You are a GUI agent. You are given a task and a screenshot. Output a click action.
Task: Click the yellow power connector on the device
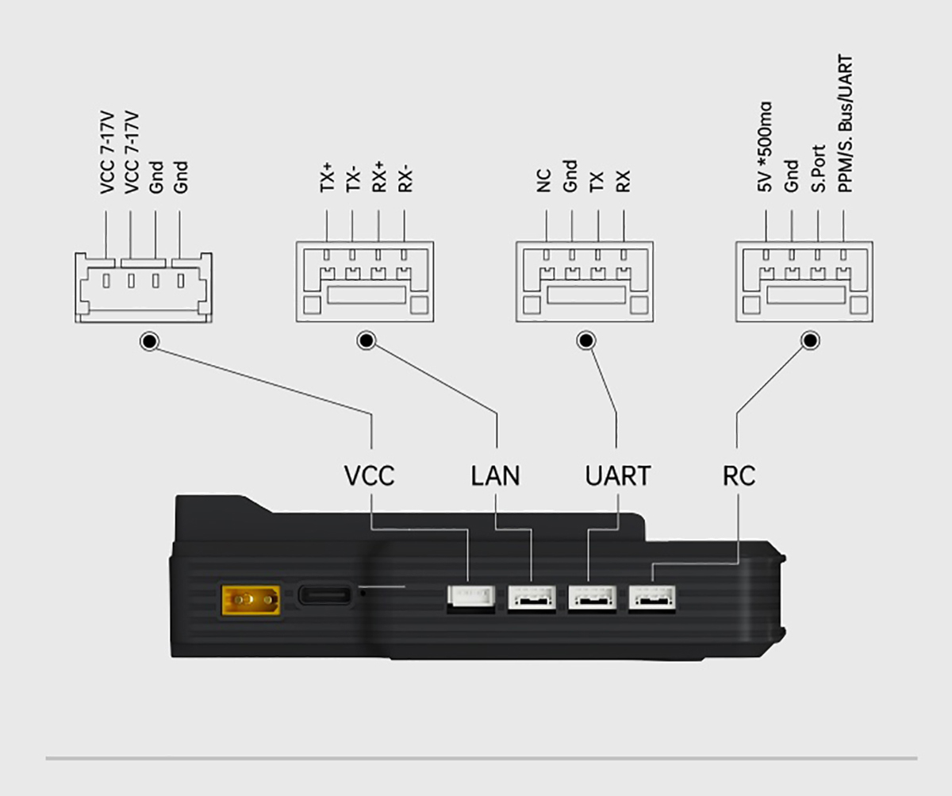pyautogui.click(x=251, y=600)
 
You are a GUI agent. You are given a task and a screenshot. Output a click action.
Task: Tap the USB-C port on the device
pyautogui.click(x=325, y=595)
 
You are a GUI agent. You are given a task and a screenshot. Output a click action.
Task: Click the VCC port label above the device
pyautogui.click(x=370, y=476)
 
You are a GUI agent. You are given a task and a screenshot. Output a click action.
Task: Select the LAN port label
pyautogui.click(x=495, y=476)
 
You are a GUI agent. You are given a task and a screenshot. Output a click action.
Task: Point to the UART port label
pyautogui.click(x=618, y=476)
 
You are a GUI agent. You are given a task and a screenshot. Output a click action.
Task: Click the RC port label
pyautogui.click(x=739, y=476)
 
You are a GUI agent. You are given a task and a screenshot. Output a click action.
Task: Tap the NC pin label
pyautogui.click(x=544, y=181)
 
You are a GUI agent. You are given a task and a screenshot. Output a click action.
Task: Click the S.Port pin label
pyautogui.click(x=818, y=168)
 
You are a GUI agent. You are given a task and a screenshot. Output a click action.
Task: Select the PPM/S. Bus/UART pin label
pyautogui.click(x=845, y=124)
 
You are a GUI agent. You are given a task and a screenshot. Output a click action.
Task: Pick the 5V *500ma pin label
pyautogui.click(x=765, y=147)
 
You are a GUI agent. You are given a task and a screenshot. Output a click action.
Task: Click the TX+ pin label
pyautogui.click(x=326, y=178)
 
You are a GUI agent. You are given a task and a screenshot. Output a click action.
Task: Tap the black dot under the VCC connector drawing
pyautogui.click(x=150, y=341)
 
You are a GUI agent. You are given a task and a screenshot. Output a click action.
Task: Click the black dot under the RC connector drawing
pyautogui.click(x=810, y=340)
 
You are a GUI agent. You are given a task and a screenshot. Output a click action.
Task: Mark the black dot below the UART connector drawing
pyautogui.click(x=586, y=340)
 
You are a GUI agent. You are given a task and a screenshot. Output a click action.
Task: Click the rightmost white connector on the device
pyautogui.click(x=652, y=598)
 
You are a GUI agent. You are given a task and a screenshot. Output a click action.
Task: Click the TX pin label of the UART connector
pyautogui.click(x=597, y=182)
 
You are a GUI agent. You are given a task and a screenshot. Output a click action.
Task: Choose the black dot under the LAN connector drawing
pyautogui.click(x=366, y=340)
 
